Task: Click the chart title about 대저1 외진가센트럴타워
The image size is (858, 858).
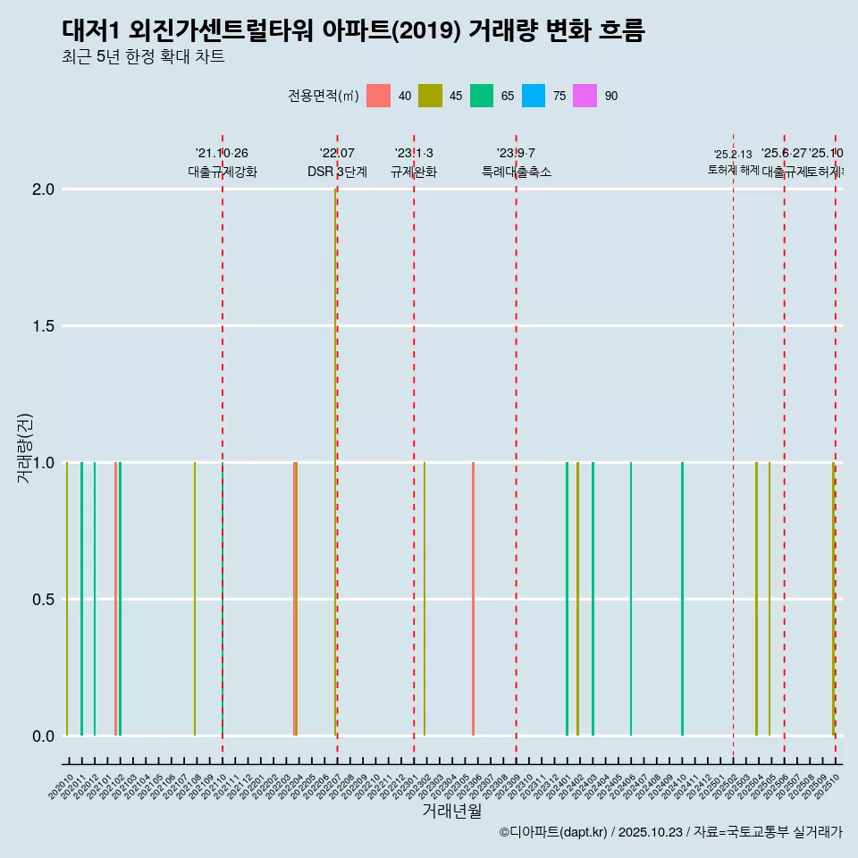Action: pos(353,30)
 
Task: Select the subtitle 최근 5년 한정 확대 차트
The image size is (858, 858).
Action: pos(143,57)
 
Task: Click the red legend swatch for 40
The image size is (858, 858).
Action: pos(379,96)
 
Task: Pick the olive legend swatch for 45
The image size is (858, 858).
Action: pos(431,96)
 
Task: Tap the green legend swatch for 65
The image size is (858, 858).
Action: pos(483,96)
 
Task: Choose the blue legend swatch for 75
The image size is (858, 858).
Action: pos(534,96)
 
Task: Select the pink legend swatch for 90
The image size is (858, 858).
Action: pos(585,96)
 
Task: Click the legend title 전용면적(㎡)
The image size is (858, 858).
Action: pos(323,96)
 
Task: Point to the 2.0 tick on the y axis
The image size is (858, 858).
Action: pos(44,189)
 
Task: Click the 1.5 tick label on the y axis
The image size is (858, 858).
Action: pos(44,326)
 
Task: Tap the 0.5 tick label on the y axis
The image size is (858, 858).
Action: pos(44,600)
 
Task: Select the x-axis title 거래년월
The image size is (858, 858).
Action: pos(451,811)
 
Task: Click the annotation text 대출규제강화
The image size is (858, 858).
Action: pos(223,172)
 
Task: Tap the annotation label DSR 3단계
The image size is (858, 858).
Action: pos(337,172)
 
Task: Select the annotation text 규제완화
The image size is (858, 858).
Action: pos(414,172)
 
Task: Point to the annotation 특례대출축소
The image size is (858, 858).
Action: pos(517,172)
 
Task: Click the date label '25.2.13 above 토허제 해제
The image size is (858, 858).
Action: pos(733,155)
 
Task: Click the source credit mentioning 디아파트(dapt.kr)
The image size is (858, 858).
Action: pos(670,832)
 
